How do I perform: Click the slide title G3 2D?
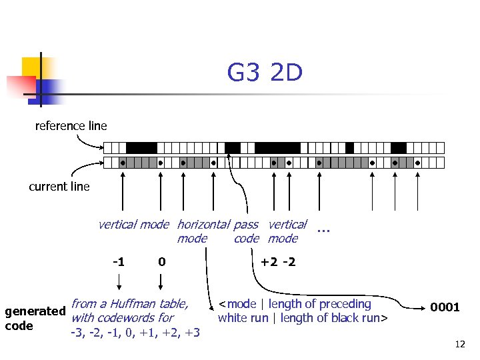coord(265,73)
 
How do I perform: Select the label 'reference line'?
coord(71,125)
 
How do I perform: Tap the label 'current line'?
coord(59,187)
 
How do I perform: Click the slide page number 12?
coord(459,344)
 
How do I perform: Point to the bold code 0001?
coord(445,307)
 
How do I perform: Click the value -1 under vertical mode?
coord(117,261)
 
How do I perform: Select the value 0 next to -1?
coord(161,261)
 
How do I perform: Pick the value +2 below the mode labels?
coord(269,261)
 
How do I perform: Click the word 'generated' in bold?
coord(35,311)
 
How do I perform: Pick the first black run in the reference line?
coord(141,147)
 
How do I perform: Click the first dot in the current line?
coord(123,163)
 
